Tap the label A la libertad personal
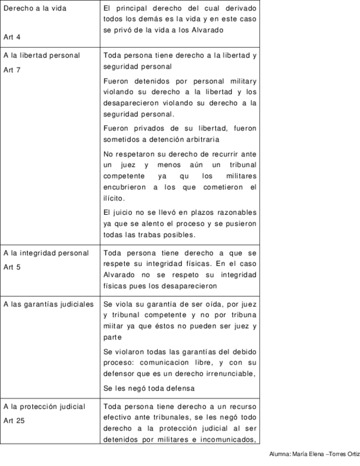pos(41,56)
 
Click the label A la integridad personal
pos(46,253)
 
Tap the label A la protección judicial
pos(44,407)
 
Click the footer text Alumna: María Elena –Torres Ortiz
pos(314,454)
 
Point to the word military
pos(242,81)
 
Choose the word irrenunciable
pos(227,374)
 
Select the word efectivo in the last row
pos(118,417)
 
